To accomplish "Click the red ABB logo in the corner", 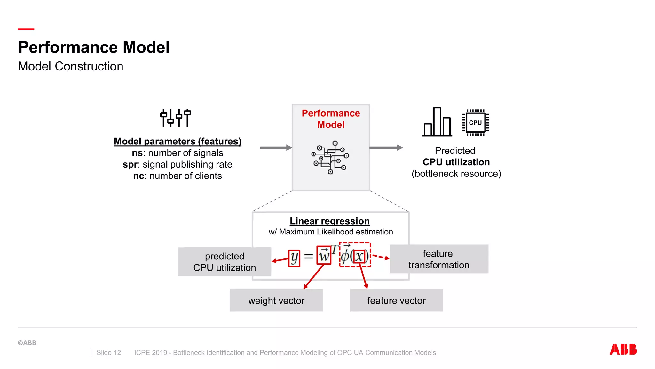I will tap(623, 349).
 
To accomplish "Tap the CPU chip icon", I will tap(475, 123).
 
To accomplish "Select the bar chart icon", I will tap(437, 122).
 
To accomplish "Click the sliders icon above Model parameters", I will tap(176, 118).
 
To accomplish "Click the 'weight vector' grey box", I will tap(276, 300).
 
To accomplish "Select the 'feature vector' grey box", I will tap(396, 300).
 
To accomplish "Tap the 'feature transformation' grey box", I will tap(439, 259).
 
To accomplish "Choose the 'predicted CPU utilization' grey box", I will tap(225, 262).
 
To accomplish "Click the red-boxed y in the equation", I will tap(294, 258).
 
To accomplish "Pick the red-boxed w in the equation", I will tap(324, 255).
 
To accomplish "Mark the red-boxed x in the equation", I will tap(359, 257).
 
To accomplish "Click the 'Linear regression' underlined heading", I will tap(329, 221).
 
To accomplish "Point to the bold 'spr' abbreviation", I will tap(130, 164).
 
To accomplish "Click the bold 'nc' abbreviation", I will tap(138, 176).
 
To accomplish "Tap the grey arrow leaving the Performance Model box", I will tap(386, 148).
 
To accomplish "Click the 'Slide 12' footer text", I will tap(109, 352).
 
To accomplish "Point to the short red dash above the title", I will tap(26, 29).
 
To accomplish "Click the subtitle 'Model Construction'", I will tap(71, 66).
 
